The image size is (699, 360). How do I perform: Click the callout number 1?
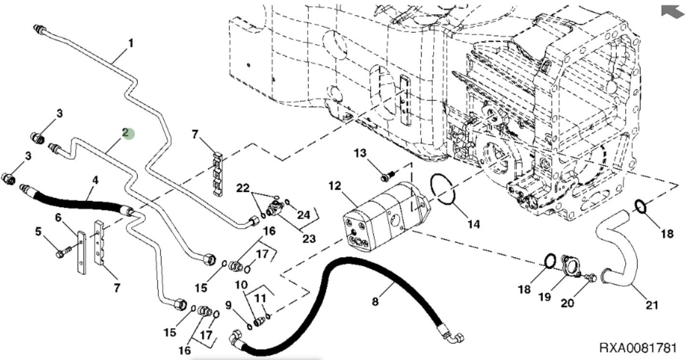(130, 43)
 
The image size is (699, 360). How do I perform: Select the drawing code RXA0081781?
(638, 348)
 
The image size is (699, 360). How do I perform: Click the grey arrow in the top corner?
(672, 12)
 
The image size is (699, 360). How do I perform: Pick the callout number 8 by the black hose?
(375, 302)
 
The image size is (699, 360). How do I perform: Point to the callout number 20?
(567, 303)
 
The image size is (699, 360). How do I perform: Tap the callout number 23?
(309, 238)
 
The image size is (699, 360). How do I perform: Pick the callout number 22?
(243, 188)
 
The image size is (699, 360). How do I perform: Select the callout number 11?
(261, 299)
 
